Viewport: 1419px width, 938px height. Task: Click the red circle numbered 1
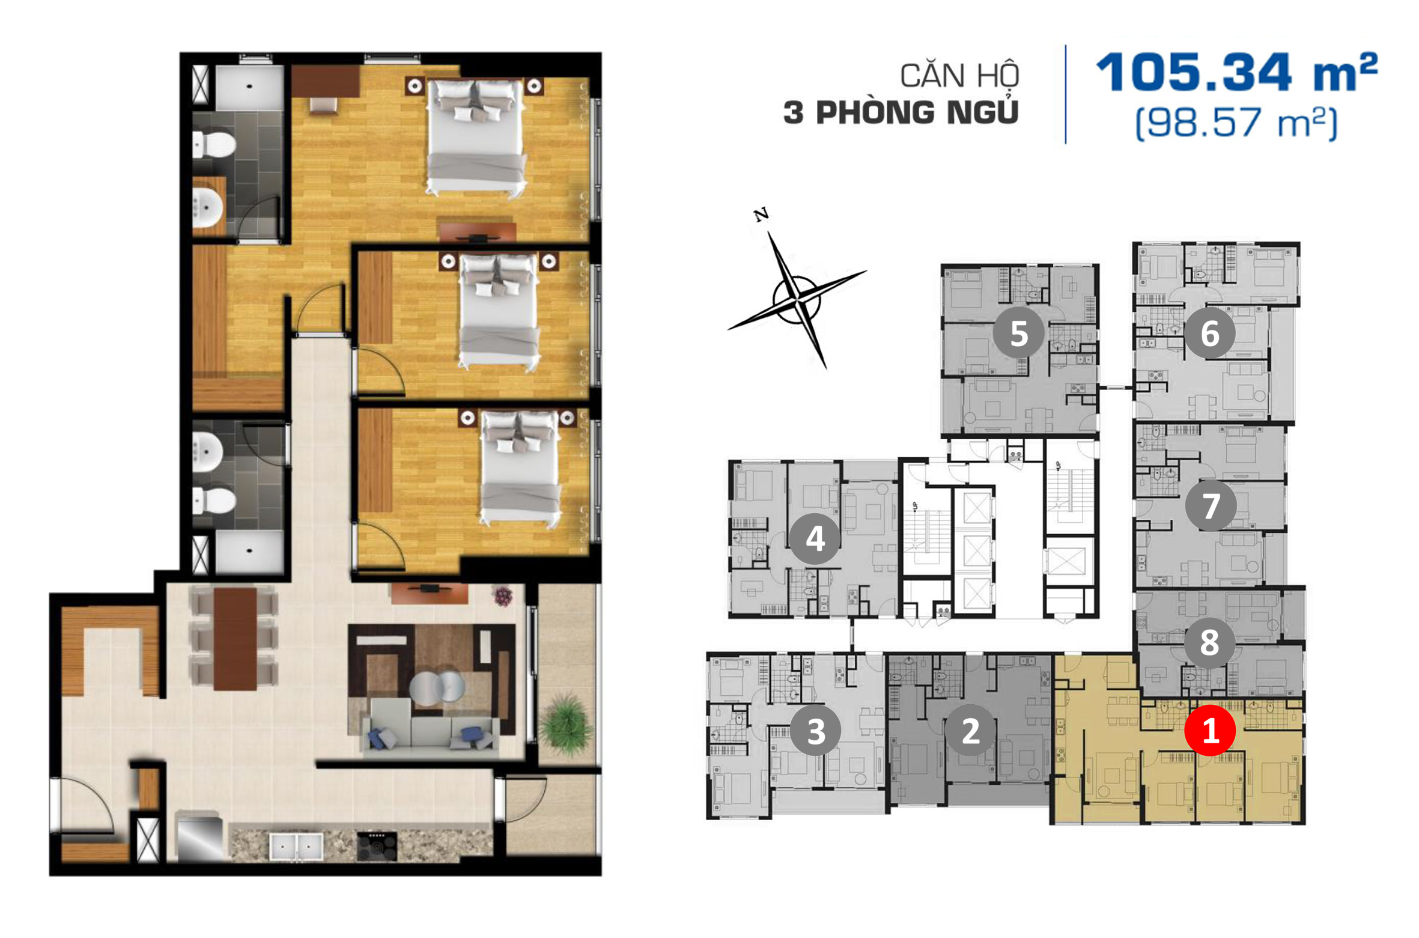pos(1209,731)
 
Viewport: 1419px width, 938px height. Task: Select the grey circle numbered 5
pos(1018,333)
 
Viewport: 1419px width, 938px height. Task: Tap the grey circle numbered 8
pos(1209,643)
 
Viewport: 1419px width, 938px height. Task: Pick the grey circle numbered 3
pos(815,731)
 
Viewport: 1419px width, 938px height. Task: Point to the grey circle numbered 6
pos(1209,333)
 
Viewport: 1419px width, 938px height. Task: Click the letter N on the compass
pos(761,215)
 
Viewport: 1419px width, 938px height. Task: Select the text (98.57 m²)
pos(1236,123)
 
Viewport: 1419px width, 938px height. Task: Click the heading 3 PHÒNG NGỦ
pos(901,112)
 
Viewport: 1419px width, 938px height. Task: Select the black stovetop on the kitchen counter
pos(377,845)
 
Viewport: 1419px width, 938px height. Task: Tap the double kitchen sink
pos(296,846)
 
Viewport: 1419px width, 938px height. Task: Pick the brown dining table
pos(235,638)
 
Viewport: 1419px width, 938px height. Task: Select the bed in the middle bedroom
pos(499,311)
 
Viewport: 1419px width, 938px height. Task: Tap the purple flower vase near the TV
pos(503,596)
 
